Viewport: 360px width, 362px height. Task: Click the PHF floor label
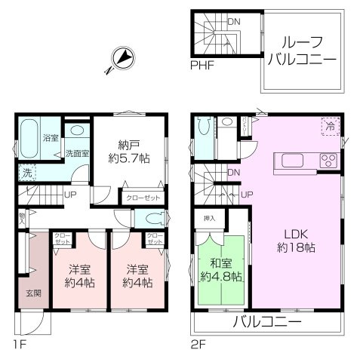tap(202, 66)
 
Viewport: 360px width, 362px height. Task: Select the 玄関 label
tap(24, 293)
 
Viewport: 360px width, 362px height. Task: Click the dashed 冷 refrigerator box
tap(330, 127)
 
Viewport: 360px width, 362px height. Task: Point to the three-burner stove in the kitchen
tap(328, 161)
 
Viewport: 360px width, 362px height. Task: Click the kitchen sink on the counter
tap(293, 161)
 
